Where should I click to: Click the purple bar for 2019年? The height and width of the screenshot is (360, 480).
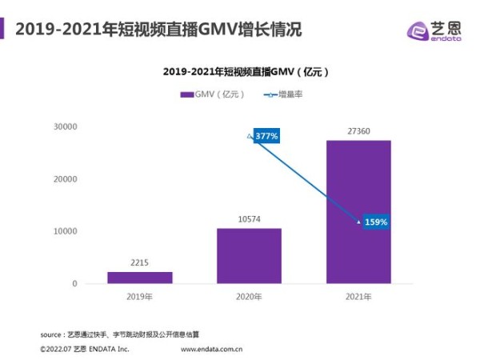(139, 278)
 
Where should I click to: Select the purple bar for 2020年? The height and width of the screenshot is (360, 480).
(249, 256)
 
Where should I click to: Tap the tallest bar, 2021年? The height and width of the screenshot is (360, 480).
(358, 212)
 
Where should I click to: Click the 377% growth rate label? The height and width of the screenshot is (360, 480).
(266, 136)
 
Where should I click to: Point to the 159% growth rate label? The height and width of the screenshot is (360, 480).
(376, 222)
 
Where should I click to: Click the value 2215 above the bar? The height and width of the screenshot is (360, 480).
(139, 261)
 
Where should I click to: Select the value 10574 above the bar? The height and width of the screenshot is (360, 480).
(249, 218)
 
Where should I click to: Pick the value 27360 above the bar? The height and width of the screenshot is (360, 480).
(358, 130)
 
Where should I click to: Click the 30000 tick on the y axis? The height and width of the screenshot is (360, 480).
(65, 126)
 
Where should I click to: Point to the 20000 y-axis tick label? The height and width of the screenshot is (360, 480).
(65, 179)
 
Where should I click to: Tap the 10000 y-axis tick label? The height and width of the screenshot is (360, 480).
(65, 231)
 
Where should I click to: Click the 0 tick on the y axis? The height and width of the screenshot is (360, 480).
(74, 284)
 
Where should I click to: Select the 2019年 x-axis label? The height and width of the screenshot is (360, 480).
(139, 298)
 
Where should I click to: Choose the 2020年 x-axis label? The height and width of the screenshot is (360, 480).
(249, 298)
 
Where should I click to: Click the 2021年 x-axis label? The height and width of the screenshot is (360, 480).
(358, 298)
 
